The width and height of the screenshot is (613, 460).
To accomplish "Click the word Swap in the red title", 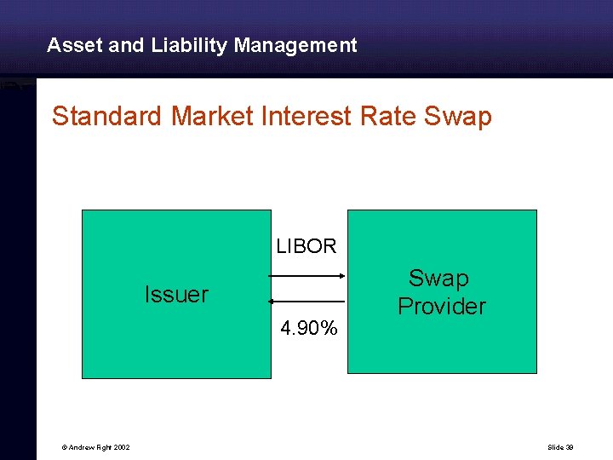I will pos(457,116).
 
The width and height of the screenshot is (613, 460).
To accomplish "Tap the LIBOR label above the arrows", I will pos(306,247).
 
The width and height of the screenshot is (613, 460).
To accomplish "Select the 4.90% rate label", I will pos(309,328).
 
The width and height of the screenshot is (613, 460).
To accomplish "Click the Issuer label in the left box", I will pos(176,295).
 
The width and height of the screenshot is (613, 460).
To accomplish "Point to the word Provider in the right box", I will pos(441,307).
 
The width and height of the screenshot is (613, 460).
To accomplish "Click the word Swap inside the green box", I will pos(438,279).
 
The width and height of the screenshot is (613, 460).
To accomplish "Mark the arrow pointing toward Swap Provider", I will pos(306,275).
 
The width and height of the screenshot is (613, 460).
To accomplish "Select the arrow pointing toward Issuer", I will pos(306,302).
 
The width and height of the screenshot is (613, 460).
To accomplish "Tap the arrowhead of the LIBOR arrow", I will pos(341,275).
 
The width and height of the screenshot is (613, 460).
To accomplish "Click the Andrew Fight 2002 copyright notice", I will pos(95,447).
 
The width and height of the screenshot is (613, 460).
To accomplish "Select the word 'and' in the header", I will pos(127,45).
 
